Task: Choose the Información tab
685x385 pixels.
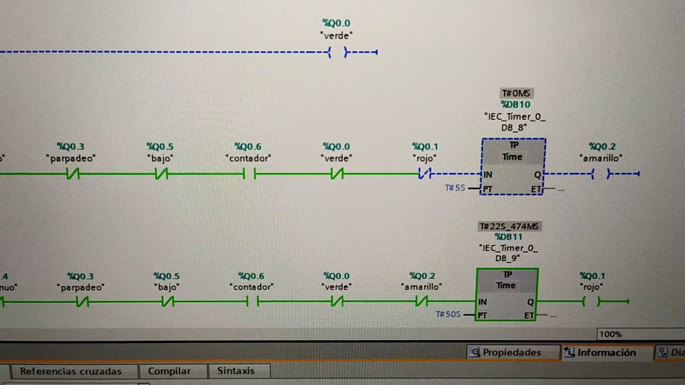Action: pos(607,352)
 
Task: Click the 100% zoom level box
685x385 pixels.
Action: pos(641,334)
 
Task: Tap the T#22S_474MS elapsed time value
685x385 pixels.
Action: pos(509,226)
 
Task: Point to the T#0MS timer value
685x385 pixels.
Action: pos(516,93)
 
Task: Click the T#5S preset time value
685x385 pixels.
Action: pos(455,188)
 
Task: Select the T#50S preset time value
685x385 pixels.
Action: pos(448,314)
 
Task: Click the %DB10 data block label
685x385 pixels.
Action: pos(515,104)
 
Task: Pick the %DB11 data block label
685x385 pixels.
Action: pos(508,237)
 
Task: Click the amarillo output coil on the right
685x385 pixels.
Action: pos(600,174)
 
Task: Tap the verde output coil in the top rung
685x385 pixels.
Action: pos(338,52)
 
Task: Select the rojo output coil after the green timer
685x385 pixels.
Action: pos(591,302)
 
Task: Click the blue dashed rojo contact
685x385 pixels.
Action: pos(425,174)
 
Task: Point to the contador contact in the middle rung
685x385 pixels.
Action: pos(249,174)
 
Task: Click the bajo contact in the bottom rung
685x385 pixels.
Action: pos(168,302)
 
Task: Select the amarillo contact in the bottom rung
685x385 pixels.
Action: pos(422,302)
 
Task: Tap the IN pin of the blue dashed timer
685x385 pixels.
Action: pos(488,174)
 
